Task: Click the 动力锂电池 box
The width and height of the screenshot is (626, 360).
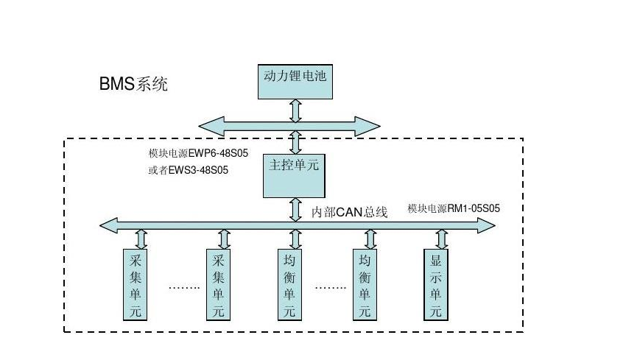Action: [x=294, y=80]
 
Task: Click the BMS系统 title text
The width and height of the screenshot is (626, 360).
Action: [x=133, y=84]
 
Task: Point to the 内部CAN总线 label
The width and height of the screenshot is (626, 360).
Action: [x=349, y=212]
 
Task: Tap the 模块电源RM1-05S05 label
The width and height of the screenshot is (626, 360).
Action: [x=454, y=208]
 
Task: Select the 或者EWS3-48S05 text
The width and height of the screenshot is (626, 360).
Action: [x=188, y=171]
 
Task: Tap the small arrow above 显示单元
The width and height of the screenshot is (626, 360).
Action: [x=440, y=239]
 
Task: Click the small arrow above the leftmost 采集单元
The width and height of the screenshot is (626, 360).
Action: [x=141, y=239]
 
